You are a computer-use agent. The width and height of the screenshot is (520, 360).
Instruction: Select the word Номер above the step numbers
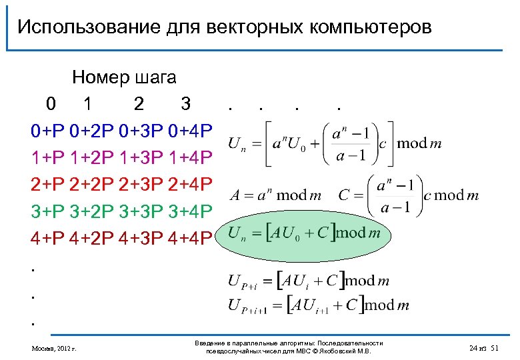tap(100, 78)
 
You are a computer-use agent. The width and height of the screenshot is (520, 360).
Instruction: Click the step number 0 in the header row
tap(51, 104)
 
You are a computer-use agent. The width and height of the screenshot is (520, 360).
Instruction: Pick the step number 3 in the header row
tap(186, 104)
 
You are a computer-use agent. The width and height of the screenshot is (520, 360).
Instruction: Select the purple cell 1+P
tap(47, 156)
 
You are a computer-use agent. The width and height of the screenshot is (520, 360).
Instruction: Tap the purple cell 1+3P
tap(142, 156)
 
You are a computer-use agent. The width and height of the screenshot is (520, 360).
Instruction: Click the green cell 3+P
tap(47, 209)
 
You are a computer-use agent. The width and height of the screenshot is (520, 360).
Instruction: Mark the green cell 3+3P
tap(142, 209)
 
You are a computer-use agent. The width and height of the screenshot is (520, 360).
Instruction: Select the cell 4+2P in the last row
tap(93, 235)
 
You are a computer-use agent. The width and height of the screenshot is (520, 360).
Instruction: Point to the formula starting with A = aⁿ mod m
tap(275, 195)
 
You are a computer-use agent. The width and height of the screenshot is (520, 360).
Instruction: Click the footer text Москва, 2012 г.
tap(54, 348)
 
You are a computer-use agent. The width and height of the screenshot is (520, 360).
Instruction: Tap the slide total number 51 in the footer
tap(494, 348)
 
